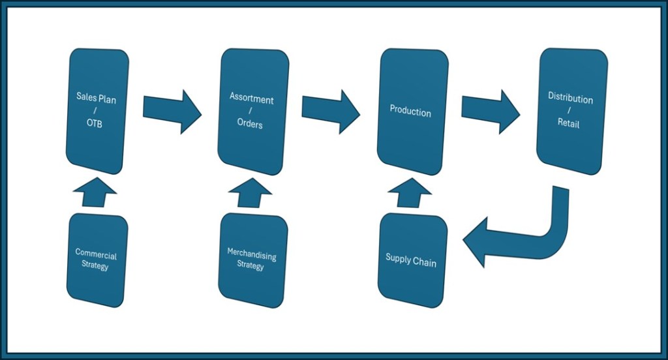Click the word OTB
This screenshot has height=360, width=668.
tap(95, 124)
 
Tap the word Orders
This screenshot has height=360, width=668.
tap(250, 124)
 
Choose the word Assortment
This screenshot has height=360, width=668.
tap(252, 99)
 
